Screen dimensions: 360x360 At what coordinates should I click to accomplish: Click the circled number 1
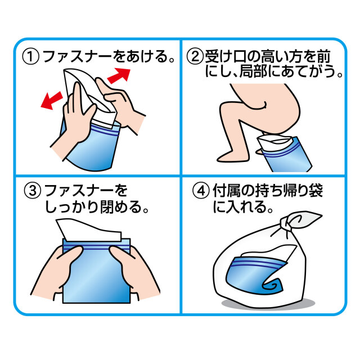click(31, 57)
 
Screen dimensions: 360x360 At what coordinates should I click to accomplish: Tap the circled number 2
click(195, 56)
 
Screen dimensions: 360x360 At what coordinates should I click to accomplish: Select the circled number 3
click(33, 191)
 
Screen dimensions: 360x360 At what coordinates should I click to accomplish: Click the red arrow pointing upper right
click(119, 75)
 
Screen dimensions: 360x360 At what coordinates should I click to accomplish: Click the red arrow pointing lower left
click(52, 100)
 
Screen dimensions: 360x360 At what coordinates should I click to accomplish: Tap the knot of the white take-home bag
click(286, 224)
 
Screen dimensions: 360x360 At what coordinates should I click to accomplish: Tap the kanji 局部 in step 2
click(254, 71)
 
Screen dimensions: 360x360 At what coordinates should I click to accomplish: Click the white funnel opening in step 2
click(274, 140)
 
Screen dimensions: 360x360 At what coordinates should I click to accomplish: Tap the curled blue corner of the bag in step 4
click(273, 286)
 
